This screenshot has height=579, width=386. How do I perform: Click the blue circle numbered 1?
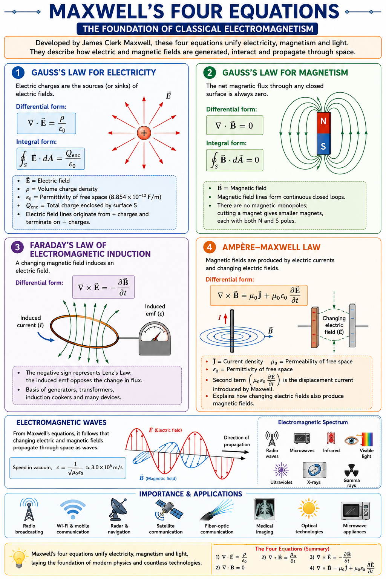18,73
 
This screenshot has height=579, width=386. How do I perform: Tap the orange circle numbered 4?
210,247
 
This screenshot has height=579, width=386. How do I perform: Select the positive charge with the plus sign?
144,133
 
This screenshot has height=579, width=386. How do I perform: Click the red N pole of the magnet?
323,123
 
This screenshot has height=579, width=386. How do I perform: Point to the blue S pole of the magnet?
323,144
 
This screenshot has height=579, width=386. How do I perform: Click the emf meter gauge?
155,339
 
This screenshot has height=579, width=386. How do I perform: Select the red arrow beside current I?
225,319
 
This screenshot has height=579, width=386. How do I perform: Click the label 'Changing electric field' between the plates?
334,325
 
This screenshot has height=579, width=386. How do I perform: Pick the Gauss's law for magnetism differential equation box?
234,126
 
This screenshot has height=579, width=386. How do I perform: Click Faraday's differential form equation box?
103,287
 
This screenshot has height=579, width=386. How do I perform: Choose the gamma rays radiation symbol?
351,470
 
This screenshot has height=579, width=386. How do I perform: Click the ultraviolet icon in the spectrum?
281,470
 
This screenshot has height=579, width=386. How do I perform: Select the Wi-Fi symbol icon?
73,510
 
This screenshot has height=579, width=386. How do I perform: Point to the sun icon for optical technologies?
309,508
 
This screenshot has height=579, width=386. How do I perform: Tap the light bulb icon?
18,558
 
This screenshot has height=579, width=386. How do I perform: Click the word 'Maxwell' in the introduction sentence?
139,43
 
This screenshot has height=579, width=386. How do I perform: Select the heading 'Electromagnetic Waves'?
61,422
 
